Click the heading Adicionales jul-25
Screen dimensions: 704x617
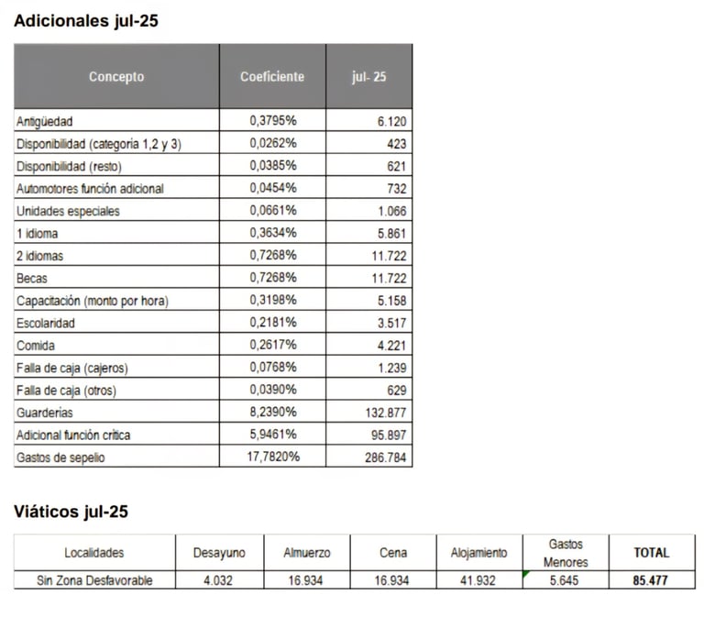tap(86, 21)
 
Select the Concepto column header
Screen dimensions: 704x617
tap(116, 76)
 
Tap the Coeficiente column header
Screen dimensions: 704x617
tap(272, 76)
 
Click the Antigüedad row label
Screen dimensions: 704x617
tap(44, 121)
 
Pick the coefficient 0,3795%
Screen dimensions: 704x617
tap(273, 120)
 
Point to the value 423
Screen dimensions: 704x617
tap(396, 144)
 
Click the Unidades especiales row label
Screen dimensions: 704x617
tap(68, 211)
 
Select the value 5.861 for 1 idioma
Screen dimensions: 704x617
tap(391, 234)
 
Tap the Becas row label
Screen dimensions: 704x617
tap(32, 279)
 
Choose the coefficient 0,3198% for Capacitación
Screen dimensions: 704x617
tap(273, 300)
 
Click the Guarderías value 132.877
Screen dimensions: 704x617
tap(386, 413)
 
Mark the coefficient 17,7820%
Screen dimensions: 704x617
tap(273, 457)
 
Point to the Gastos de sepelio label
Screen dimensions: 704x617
tap(60, 457)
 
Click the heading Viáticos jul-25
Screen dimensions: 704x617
tap(71, 512)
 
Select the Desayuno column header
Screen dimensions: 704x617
tap(219, 553)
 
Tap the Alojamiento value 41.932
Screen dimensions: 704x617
tap(478, 580)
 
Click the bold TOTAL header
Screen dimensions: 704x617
tap(652, 553)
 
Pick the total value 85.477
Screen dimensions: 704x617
tap(651, 580)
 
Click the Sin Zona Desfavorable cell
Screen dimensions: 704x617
tap(94, 580)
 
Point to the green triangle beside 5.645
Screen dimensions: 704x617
tap(526, 573)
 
